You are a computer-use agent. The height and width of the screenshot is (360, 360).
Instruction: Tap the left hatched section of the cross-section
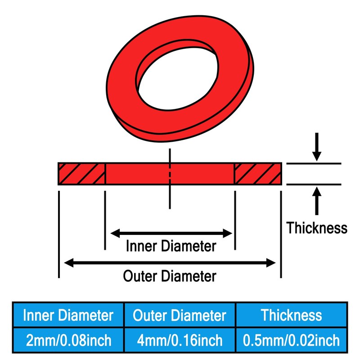click(x=81, y=174)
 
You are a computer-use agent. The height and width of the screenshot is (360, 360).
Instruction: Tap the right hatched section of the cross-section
click(x=258, y=174)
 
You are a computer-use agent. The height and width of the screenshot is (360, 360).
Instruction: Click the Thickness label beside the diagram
click(x=317, y=228)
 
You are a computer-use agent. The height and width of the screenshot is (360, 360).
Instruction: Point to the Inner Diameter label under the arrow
click(x=171, y=246)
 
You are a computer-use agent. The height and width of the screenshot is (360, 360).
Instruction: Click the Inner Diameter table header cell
click(x=68, y=315)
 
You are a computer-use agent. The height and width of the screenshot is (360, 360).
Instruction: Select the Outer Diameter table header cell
click(x=180, y=315)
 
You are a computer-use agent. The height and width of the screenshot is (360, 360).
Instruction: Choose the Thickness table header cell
click(x=292, y=315)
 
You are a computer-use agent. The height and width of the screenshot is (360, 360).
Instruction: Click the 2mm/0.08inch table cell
click(x=68, y=339)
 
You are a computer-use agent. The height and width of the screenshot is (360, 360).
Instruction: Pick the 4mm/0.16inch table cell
click(x=180, y=339)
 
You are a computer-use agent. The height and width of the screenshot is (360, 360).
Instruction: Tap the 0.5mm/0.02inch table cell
click(x=292, y=339)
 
